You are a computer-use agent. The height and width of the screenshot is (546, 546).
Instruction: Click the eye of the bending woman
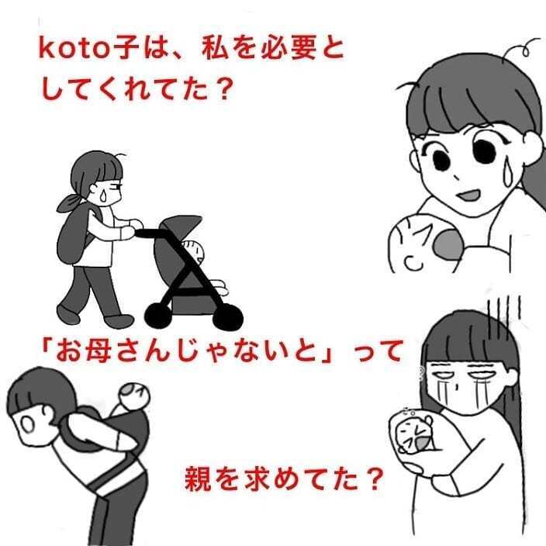pyautogui.click(x=25, y=425)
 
